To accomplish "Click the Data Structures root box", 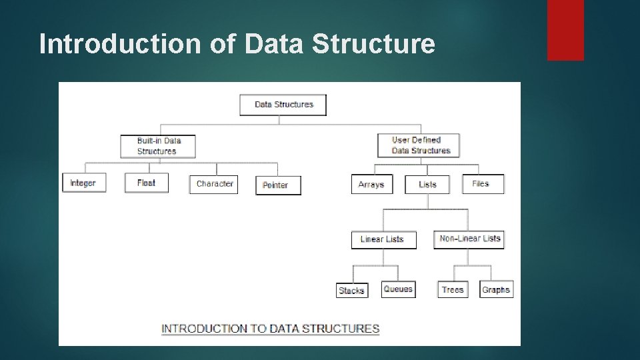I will click(x=283, y=105).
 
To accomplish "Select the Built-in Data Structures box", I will click(x=159, y=146).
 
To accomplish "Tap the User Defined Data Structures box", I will click(x=418, y=145).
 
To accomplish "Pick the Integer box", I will click(x=84, y=183).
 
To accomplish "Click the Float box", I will click(x=147, y=183).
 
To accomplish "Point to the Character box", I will click(x=215, y=183).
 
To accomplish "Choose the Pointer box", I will click(x=278, y=185).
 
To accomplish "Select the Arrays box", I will click(x=371, y=184).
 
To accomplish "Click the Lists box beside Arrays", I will click(x=428, y=184).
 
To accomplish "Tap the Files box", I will click(x=483, y=183).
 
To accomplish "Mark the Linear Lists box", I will click(x=383, y=239).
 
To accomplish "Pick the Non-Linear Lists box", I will click(x=470, y=239).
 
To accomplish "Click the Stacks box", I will click(x=351, y=290).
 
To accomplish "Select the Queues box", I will click(x=398, y=289).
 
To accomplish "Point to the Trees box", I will click(x=453, y=289).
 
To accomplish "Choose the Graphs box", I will click(x=496, y=289).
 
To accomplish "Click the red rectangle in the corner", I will click(x=565, y=30).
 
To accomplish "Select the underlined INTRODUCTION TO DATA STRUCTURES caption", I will click(x=271, y=328).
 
